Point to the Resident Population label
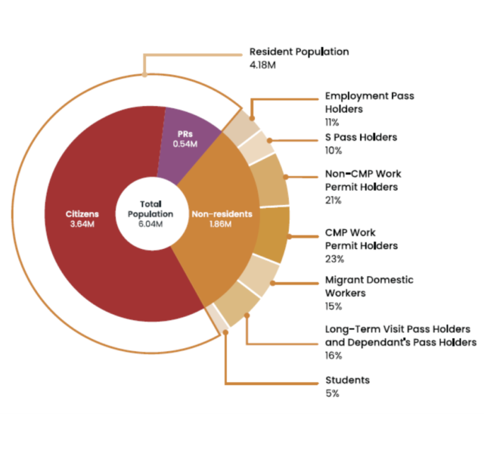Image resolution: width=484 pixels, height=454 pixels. coord(299,52)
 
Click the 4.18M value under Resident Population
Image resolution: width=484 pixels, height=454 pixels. coord(264,66)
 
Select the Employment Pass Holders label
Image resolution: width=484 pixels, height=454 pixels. coord(369,102)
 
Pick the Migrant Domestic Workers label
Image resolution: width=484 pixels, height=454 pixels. coord(369,286)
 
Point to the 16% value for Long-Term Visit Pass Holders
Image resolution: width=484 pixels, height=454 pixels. coord(333,355)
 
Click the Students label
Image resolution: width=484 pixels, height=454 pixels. coord(347,380)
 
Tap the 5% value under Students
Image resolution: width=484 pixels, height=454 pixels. coord(332,393)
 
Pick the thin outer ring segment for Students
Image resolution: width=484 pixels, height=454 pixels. coord(217,320)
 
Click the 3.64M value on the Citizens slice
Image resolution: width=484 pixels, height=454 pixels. coord(80,225)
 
